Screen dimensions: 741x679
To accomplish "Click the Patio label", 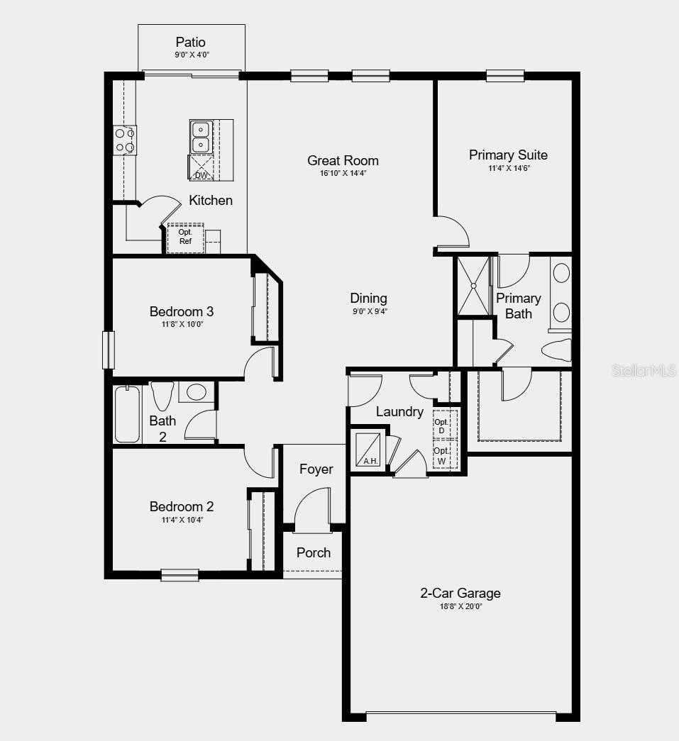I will point(191,43).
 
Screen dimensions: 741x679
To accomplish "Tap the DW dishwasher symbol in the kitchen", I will point(201,169).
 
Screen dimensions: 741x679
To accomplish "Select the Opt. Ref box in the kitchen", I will point(185,237).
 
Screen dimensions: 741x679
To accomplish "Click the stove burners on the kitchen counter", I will point(126,140).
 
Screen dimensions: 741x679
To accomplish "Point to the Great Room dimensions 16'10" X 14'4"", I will point(343,173).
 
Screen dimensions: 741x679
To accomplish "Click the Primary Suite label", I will point(508,155).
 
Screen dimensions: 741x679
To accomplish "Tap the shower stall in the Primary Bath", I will point(473,285).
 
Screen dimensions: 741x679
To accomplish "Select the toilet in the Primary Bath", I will point(556,350).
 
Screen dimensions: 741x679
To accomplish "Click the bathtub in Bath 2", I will point(128,414).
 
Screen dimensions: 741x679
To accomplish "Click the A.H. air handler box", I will point(370,449).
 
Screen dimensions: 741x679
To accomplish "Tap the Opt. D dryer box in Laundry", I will point(442,426).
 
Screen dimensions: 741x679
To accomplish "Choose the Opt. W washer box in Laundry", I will point(442,455).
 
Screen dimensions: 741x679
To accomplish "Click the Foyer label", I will point(316,469).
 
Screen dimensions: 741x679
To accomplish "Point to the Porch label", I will point(314,552).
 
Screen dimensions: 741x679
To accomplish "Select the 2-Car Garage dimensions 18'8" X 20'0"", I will point(460,606).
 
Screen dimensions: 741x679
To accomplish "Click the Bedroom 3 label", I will point(182,311).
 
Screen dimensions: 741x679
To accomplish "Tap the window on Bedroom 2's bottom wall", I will point(180,574).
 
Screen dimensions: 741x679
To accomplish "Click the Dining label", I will point(368,298).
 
